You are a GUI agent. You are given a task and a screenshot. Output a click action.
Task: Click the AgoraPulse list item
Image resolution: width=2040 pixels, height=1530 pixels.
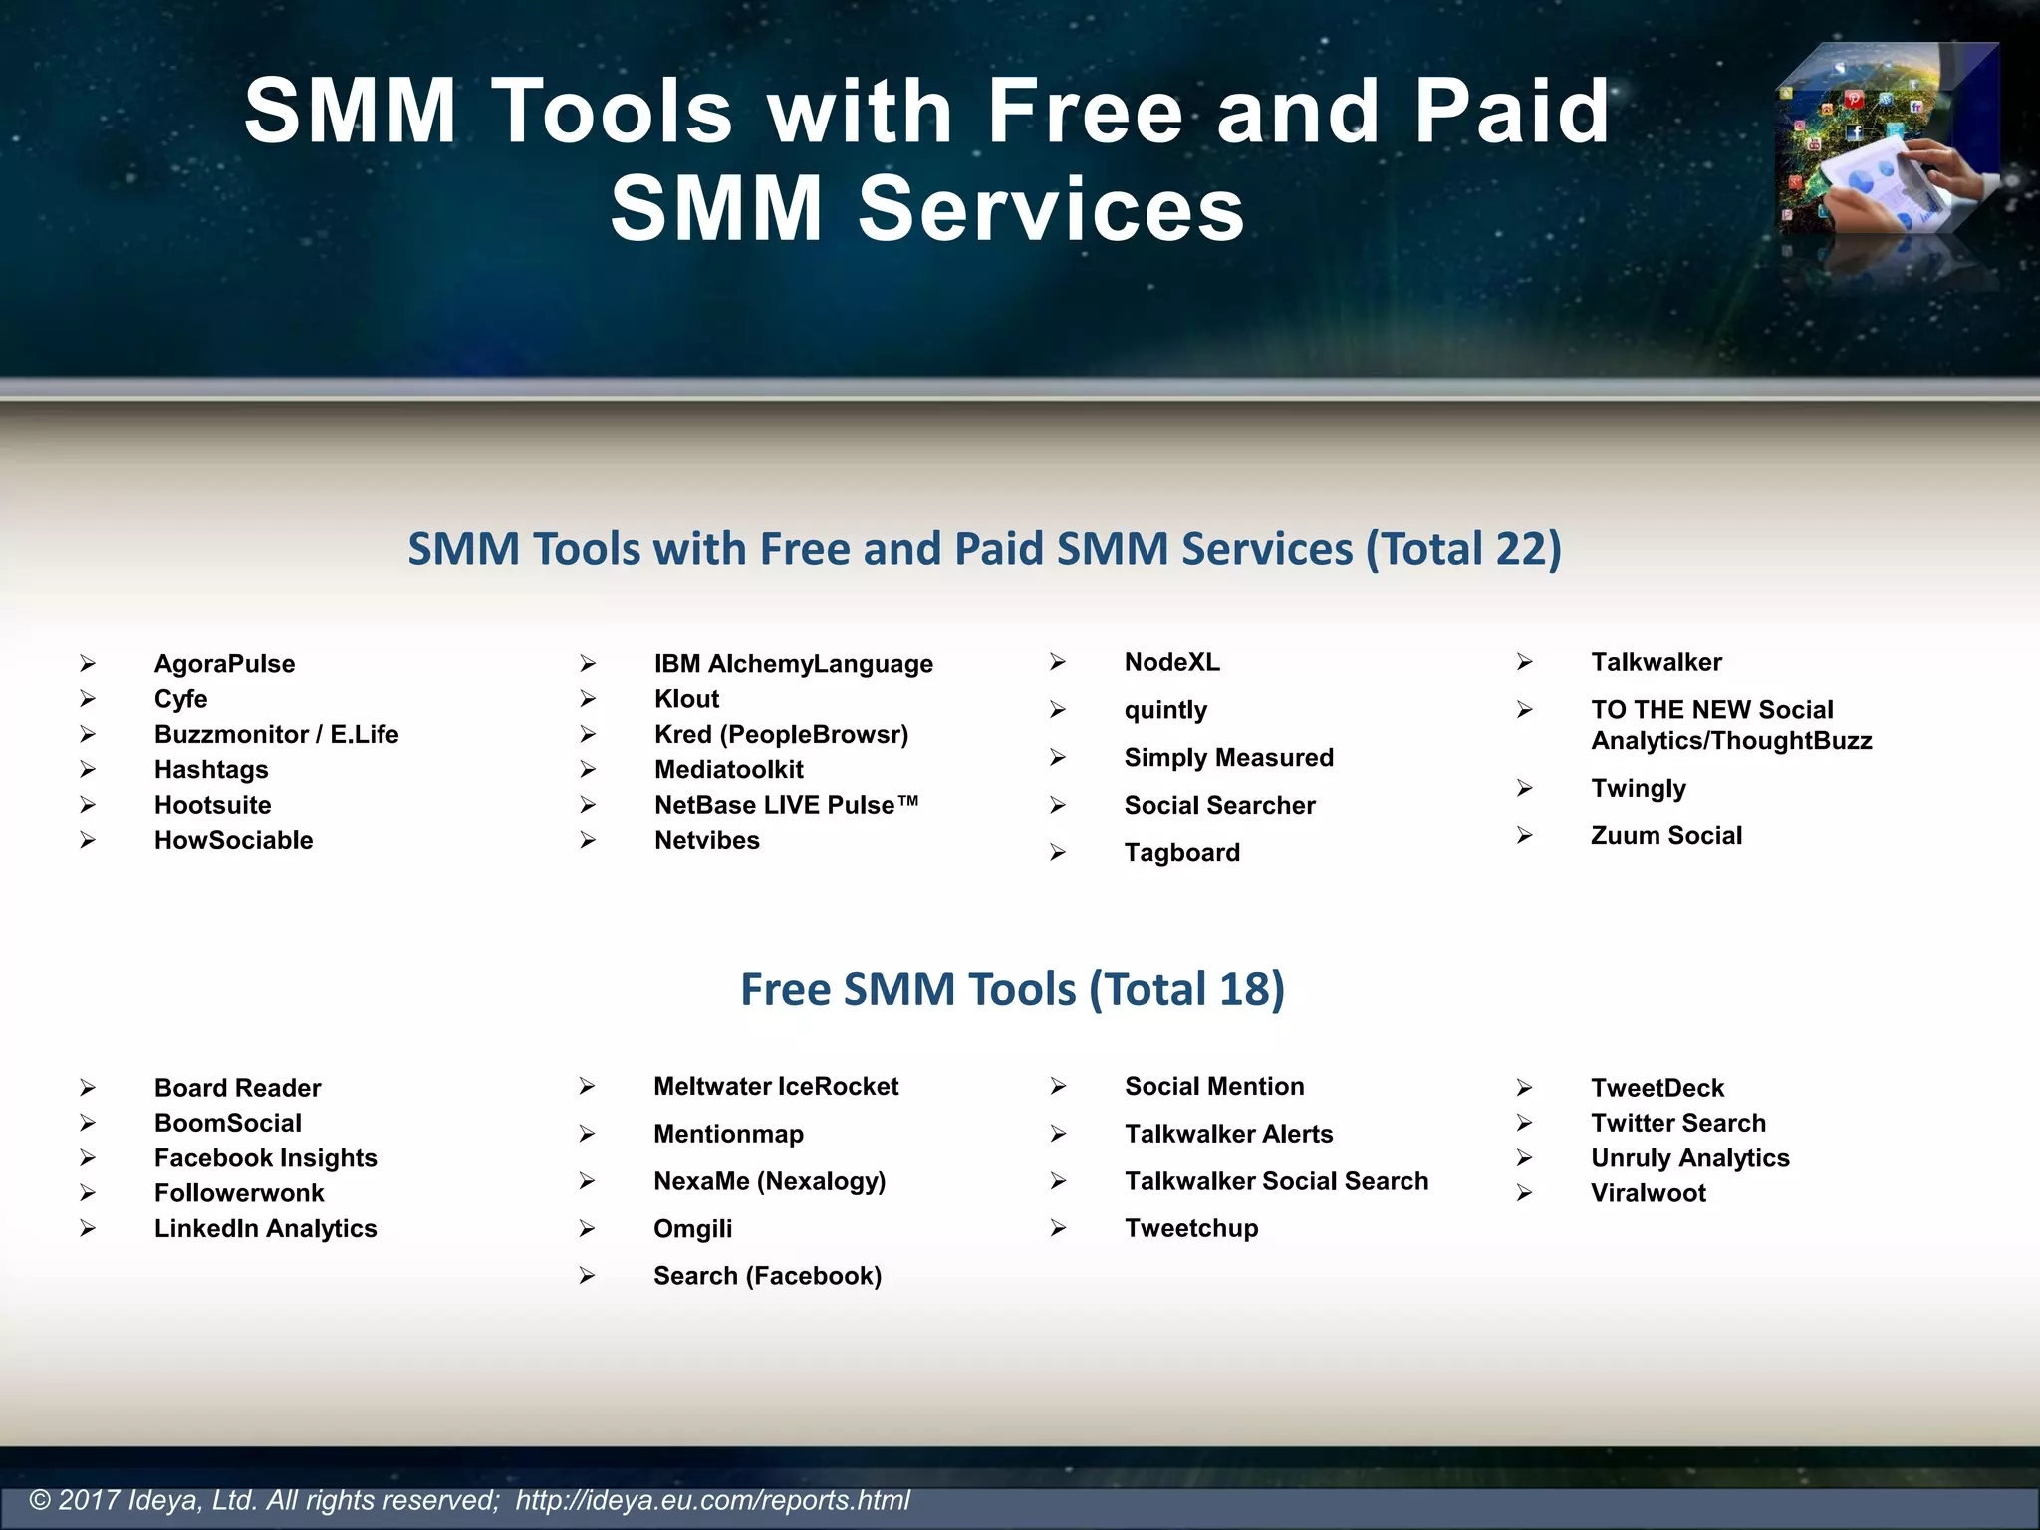click(224, 664)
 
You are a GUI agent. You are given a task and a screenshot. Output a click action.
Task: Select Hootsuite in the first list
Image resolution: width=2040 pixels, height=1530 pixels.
click(212, 805)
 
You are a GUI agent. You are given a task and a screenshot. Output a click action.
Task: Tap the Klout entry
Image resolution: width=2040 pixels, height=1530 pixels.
click(686, 699)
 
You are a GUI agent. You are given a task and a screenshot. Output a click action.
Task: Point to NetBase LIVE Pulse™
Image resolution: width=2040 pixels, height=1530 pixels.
click(786, 805)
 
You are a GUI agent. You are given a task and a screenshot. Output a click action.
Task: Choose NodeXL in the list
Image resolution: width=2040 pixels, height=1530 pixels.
click(1171, 662)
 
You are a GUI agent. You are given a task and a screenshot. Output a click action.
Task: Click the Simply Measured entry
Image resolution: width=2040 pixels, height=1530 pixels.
click(1228, 758)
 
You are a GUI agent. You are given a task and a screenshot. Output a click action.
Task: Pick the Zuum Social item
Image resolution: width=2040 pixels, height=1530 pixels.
click(1665, 836)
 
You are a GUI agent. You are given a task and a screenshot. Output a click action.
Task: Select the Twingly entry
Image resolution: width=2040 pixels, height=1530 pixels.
click(1638, 789)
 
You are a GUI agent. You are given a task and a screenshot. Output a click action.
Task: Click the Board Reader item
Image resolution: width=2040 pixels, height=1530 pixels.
click(237, 1088)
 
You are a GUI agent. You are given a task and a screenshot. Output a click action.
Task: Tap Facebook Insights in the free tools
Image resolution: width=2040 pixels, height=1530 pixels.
click(265, 1158)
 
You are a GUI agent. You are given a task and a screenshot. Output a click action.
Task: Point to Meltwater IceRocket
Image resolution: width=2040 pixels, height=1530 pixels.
click(775, 1087)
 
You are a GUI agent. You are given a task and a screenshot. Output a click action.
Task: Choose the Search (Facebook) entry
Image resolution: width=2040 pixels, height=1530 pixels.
click(767, 1276)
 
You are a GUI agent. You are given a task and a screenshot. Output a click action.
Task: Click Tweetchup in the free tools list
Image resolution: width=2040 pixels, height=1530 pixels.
click(1191, 1228)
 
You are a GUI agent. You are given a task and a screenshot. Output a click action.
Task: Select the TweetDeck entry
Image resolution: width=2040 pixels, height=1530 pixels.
click(1657, 1088)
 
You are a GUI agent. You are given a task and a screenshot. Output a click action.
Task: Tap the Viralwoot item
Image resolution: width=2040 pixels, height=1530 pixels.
click(1648, 1193)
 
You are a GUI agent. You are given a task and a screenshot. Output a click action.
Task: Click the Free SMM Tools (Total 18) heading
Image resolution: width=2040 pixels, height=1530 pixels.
click(1012, 989)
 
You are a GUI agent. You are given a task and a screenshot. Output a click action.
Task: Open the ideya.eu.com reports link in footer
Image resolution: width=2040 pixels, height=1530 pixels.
click(712, 1500)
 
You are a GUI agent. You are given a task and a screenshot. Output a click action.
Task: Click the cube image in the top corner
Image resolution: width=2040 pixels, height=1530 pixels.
click(1887, 139)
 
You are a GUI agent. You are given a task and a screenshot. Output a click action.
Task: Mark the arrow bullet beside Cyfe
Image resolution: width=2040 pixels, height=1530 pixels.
click(88, 699)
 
